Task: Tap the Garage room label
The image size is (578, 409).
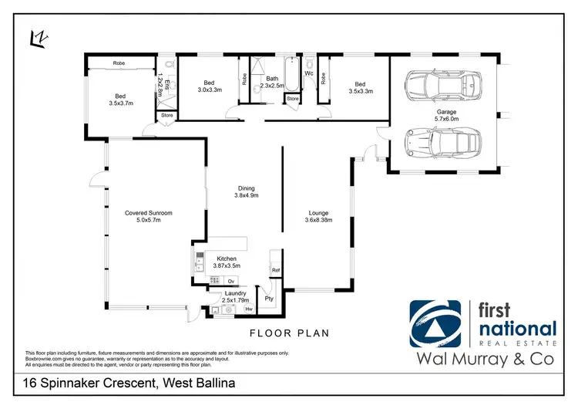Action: pos(447,115)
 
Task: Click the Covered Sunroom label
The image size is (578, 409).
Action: pos(148,216)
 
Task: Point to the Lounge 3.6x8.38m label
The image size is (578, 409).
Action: pos(318,217)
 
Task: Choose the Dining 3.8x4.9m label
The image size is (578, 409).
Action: pos(246,192)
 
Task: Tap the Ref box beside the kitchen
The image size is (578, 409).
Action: pos(275,270)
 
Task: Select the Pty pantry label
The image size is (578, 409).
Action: pos(269,298)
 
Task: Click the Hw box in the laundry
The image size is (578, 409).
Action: pos(249,309)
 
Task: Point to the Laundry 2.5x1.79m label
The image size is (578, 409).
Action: pos(234,297)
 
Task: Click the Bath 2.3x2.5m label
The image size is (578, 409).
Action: pos(272,82)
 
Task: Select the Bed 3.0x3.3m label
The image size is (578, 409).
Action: pos(208,86)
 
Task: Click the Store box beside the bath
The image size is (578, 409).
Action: pos(292,99)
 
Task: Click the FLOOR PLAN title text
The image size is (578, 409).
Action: pos(289,333)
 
